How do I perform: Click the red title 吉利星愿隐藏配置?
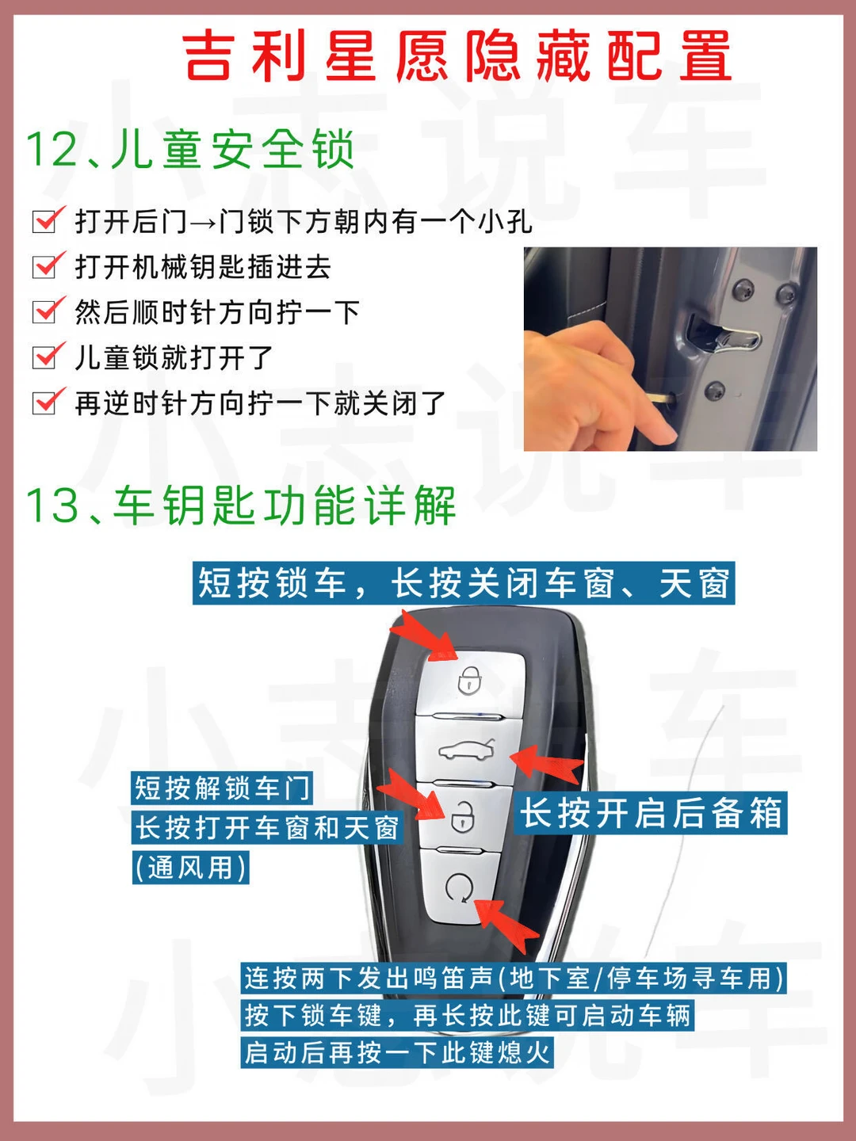pos(457,55)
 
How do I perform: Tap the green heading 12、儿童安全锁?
pos(190,149)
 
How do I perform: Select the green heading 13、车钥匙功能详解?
pos(241,506)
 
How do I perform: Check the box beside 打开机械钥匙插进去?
pos(46,265)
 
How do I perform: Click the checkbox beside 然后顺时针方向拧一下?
pos(46,311)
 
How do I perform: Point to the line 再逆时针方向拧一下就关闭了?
pos(261,403)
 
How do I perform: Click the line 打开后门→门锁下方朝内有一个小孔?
pos(304,221)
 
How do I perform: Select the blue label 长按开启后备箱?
pos(652,814)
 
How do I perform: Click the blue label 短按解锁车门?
pos(222,788)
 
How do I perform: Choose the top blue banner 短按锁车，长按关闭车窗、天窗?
pos(464,582)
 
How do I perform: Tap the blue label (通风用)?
pos(191,867)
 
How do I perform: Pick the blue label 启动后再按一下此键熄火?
pos(397,1053)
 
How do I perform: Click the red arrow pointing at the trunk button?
pos(547,764)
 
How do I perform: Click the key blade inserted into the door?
pos(660,399)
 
